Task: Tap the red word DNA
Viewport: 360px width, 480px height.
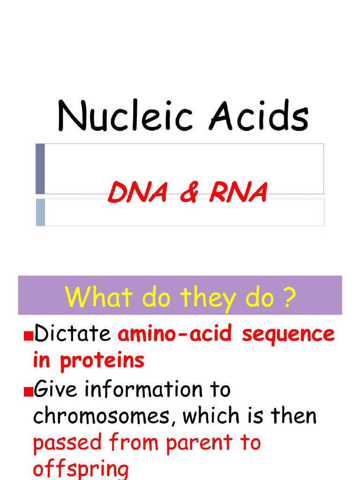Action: coord(137,192)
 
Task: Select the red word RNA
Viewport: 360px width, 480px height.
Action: coord(239,192)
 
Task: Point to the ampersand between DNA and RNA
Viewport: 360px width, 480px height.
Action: coord(188,193)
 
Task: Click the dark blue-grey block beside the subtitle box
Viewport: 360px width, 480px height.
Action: coord(40,169)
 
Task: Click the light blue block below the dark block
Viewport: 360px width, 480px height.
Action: coord(40,212)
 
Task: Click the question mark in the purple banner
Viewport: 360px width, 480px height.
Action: coord(290,297)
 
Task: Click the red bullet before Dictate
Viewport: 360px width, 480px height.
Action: coord(28,336)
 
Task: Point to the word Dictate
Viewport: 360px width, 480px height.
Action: coord(72,334)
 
